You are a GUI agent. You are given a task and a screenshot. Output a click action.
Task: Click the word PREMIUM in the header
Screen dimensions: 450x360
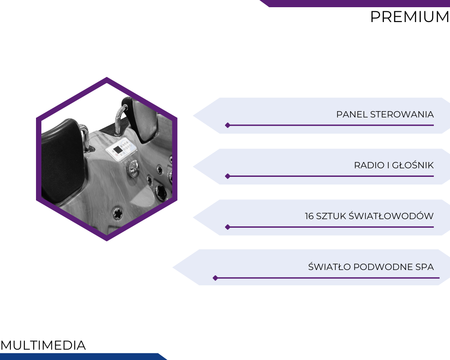pyautogui.click(x=410, y=17)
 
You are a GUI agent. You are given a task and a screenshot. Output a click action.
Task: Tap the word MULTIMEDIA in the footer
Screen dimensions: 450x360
pyautogui.click(x=43, y=345)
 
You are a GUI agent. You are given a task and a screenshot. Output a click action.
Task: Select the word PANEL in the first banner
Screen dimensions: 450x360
pyautogui.click(x=352, y=114)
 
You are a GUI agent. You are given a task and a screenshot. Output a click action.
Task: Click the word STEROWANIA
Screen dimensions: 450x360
pyautogui.click(x=402, y=114)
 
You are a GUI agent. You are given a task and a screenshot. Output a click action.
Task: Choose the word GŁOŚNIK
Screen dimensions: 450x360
pyautogui.click(x=413, y=165)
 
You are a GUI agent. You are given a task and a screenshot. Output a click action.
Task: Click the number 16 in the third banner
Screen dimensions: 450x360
pyautogui.click(x=309, y=216)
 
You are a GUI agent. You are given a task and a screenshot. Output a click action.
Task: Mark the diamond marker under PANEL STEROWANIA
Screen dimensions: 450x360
pyautogui.click(x=228, y=125)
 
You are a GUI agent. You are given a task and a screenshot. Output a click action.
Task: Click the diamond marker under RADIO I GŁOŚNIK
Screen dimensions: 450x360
pyautogui.click(x=228, y=176)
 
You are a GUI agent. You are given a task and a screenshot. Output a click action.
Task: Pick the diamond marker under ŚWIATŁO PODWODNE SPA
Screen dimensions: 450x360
pyautogui.click(x=215, y=278)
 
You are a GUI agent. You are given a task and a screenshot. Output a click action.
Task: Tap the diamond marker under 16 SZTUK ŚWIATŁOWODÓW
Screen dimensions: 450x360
pyautogui.click(x=228, y=227)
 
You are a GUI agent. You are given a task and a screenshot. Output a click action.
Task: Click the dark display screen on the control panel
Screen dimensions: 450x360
pyautogui.click(x=117, y=149)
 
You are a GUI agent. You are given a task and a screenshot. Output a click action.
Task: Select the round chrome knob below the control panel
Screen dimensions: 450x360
pyautogui.click(x=133, y=168)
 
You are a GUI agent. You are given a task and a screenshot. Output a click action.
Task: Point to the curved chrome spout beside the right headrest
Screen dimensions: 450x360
pyautogui.click(x=121, y=119)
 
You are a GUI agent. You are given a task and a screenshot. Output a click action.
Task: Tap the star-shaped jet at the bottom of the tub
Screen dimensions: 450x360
pyautogui.click(x=117, y=213)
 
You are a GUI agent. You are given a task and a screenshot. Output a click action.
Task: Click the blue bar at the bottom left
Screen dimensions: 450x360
pyautogui.click(x=83, y=356)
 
